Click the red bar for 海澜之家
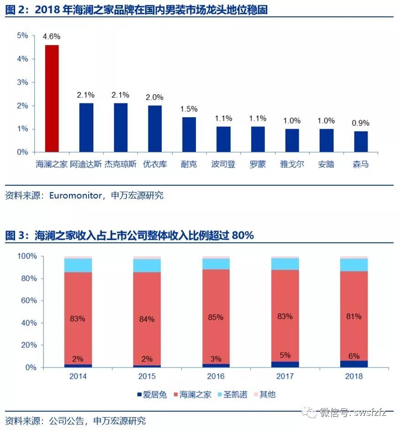point(51,99)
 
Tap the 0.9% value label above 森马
point(361,123)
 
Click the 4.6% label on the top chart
point(52,36)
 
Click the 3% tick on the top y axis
point(22,82)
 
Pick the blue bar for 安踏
point(326,140)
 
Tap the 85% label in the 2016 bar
point(216,317)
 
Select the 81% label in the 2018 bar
point(354,316)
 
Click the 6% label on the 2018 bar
point(354,356)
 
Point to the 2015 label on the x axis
point(147,376)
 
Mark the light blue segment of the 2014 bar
point(78,265)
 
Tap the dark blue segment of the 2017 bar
point(285,364)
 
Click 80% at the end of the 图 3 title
point(242,236)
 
